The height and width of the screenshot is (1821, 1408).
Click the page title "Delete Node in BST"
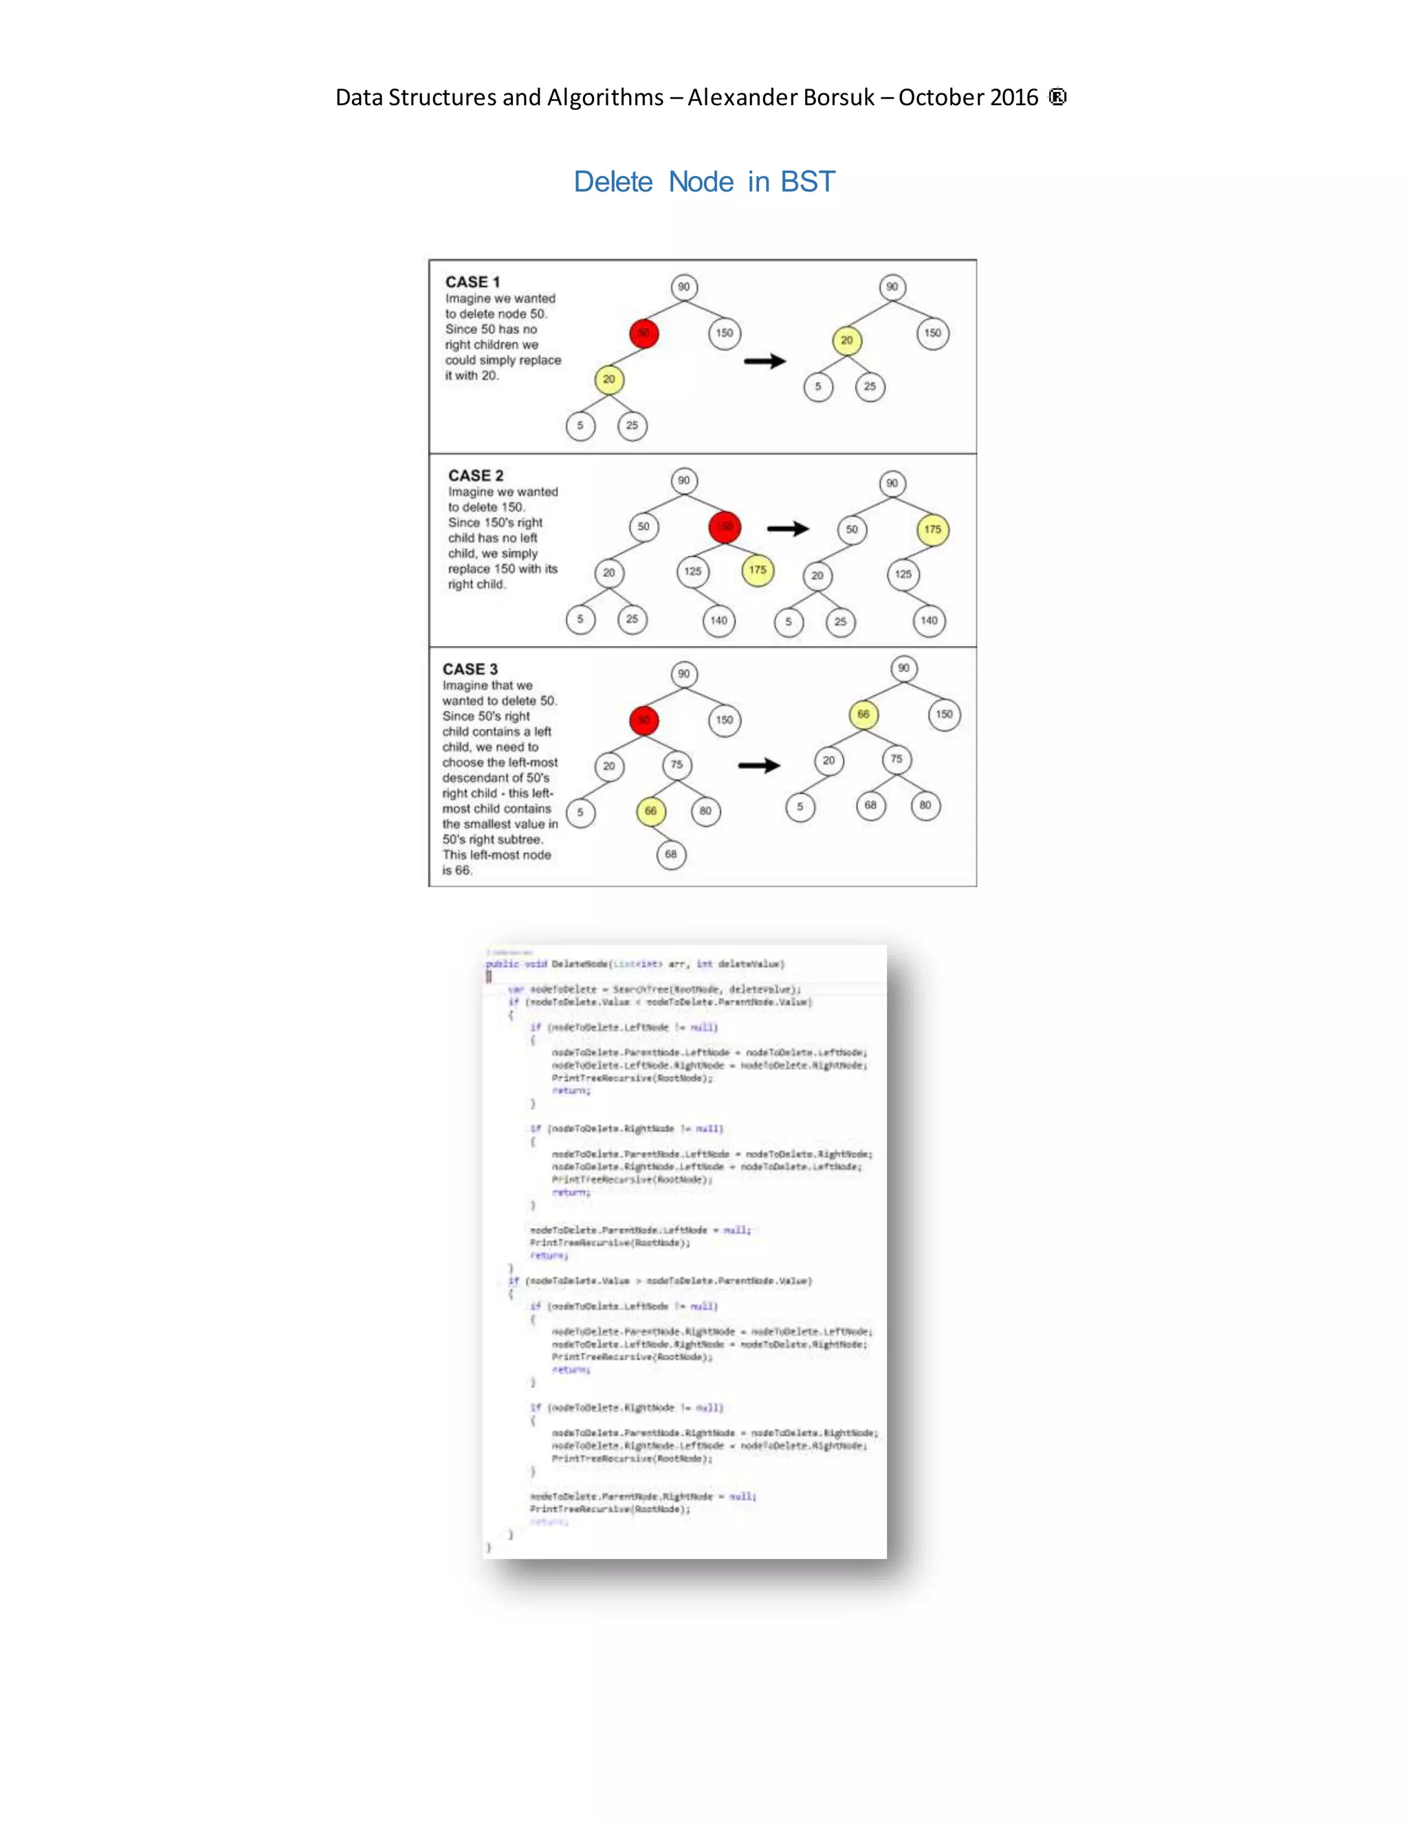703,182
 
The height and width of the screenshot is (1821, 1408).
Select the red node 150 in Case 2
724,527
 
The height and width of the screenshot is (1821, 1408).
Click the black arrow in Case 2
787,528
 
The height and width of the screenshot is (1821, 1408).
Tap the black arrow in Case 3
759,766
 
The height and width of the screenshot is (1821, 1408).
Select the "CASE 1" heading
472,282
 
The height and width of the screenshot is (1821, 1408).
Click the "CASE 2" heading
476,476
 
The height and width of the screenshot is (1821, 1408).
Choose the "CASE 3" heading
470,669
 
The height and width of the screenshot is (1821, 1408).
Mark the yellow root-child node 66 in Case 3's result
863,715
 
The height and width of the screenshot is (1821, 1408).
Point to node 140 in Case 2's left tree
719,621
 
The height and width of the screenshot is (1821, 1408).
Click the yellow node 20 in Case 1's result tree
846,340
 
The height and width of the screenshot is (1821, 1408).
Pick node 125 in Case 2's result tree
903,574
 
